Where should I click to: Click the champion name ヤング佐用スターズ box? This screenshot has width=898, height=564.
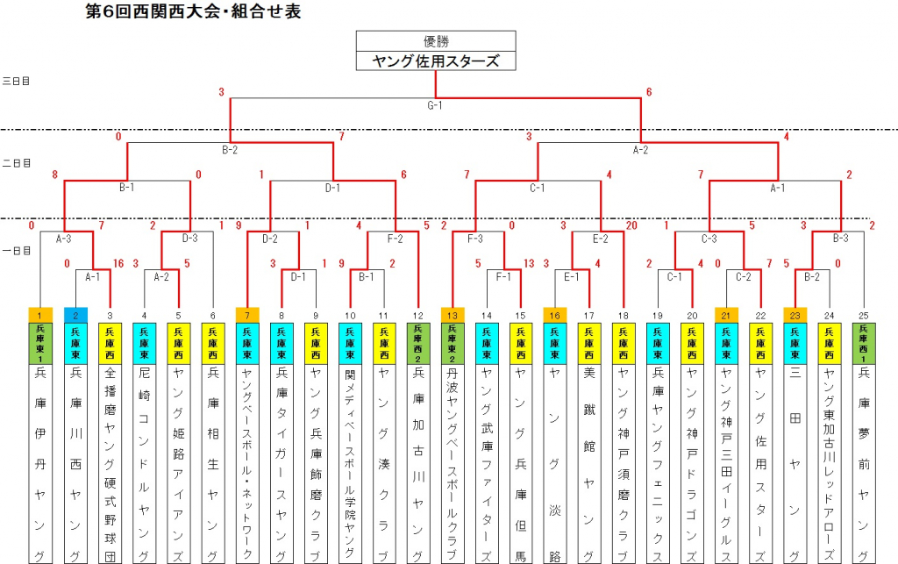point(436,61)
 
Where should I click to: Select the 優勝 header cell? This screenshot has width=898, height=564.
point(436,40)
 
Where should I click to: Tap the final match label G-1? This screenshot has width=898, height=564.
point(436,106)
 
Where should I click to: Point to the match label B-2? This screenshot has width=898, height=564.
point(230,150)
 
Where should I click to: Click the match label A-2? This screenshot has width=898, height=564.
point(640,150)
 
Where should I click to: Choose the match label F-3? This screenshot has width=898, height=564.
point(475,237)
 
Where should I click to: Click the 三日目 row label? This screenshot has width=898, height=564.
point(16,81)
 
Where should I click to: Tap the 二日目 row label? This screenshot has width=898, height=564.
point(16,163)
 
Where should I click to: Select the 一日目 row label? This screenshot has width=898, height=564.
point(16,250)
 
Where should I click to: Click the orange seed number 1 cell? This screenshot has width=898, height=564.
point(40,314)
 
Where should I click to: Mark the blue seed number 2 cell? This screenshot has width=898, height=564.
point(75,314)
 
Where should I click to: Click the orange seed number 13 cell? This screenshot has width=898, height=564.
point(453,314)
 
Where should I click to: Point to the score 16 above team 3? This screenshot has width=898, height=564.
point(119,263)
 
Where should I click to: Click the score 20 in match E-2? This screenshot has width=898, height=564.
point(631,225)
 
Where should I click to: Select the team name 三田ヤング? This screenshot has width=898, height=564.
point(795,465)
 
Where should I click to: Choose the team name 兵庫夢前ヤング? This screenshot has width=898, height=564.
point(864,465)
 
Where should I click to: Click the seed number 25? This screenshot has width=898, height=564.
point(864,314)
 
